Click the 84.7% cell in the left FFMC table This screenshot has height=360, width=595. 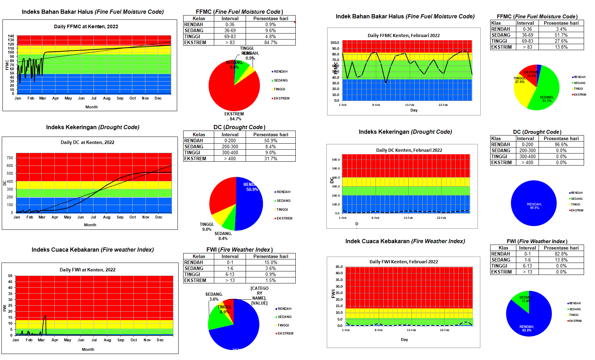pos(271,42)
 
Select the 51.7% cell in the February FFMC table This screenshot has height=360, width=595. pos(561,35)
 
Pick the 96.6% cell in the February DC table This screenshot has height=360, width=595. pos(561,144)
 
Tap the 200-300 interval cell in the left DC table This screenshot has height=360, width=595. pos(230,146)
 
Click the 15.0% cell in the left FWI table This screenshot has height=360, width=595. pos(271,262)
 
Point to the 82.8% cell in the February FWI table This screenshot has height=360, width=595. pos(561,254)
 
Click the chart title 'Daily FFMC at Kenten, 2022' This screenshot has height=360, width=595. pos(86,26)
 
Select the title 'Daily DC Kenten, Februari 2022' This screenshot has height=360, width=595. pos(409,150)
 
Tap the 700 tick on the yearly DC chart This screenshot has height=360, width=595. pos(10,158)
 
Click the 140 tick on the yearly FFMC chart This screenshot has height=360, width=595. pos(11,36)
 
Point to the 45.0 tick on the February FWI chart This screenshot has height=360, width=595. pos(339,266)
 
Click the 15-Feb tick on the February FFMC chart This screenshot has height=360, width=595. pos(409,105)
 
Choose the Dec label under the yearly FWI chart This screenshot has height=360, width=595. pos(160,340)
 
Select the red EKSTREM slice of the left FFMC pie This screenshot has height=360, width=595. pos(231,94)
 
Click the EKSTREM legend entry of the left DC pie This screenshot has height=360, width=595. pos(284,218)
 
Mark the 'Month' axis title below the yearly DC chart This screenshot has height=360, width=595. pos(90,225)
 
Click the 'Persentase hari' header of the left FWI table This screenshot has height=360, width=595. pos(271,256)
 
